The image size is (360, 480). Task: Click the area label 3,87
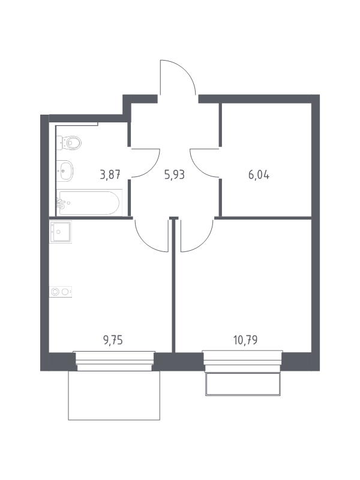tap(110, 175)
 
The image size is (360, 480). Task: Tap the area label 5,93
tap(175, 175)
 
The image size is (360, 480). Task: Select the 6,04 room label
tap(259, 175)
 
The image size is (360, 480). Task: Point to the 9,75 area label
tap(113, 340)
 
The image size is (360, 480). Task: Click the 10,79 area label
tap(245, 340)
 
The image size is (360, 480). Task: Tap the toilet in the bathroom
tap(69, 143)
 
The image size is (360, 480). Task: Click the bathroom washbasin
tap(65, 170)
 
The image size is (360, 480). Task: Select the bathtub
tap(89, 203)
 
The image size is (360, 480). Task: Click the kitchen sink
tap(61, 232)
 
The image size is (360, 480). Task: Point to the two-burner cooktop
tap(61, 292)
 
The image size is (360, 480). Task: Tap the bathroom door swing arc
tap(153, 170)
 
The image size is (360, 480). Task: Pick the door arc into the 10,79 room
tap(205, 244)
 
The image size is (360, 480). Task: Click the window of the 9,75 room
tap(114, 361)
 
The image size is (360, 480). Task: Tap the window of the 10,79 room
tap(242, 361)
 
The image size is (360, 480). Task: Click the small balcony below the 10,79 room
tap(243, 384)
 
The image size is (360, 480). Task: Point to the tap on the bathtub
tap(61, 203)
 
